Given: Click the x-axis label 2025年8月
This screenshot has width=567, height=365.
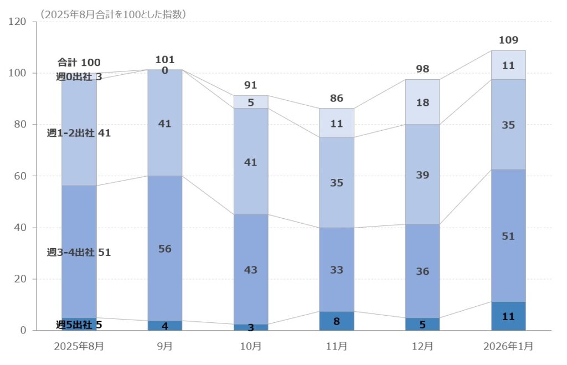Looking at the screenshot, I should (x=79, y=346).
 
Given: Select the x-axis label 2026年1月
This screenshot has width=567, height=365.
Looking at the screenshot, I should (x=508, y=346).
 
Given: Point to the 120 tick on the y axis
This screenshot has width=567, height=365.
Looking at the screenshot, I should (x=19, y=22).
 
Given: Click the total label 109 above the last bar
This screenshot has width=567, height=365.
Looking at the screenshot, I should (x=508, y=40).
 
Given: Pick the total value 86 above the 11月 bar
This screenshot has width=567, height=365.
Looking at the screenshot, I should (x=337, y=99).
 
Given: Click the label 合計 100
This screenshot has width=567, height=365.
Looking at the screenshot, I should (x=79, y=62).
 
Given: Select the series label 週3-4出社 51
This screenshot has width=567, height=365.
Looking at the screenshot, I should (x=79, y=253).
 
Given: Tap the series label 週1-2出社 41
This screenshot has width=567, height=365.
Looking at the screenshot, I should (x=79, y=133).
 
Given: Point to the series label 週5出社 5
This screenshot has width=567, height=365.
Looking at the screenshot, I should (x=79, y=325).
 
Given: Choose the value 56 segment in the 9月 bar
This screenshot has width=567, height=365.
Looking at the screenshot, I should (x=164, y=249).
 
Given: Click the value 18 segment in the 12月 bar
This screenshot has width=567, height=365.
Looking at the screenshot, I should (x=422, y=102).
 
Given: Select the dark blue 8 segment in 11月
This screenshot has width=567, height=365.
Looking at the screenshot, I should (x=337, y=321).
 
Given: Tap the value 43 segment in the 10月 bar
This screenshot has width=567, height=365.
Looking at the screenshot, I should (x=251, y=270).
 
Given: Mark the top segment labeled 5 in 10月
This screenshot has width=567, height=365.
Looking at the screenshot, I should (x=251, y=102).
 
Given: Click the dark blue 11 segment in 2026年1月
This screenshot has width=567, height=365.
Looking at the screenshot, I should (x=508, y=316).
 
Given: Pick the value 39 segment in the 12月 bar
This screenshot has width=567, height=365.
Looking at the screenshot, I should (x=422, y=175).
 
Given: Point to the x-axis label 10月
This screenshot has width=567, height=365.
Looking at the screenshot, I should (x=251, y=346).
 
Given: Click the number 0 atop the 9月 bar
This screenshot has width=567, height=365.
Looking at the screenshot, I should (x=164, y=70).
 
